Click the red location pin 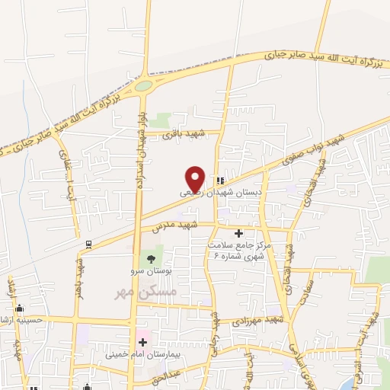pos(196,178)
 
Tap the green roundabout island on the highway pos(143,86)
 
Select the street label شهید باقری pos(181,134)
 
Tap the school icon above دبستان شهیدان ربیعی pos(220,181)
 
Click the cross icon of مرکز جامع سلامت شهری pos(238,233)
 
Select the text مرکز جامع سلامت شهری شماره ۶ pos(238,251)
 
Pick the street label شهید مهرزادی pos(256,321)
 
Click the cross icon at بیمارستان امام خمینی pos(142,343)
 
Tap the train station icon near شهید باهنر pos(88,244)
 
